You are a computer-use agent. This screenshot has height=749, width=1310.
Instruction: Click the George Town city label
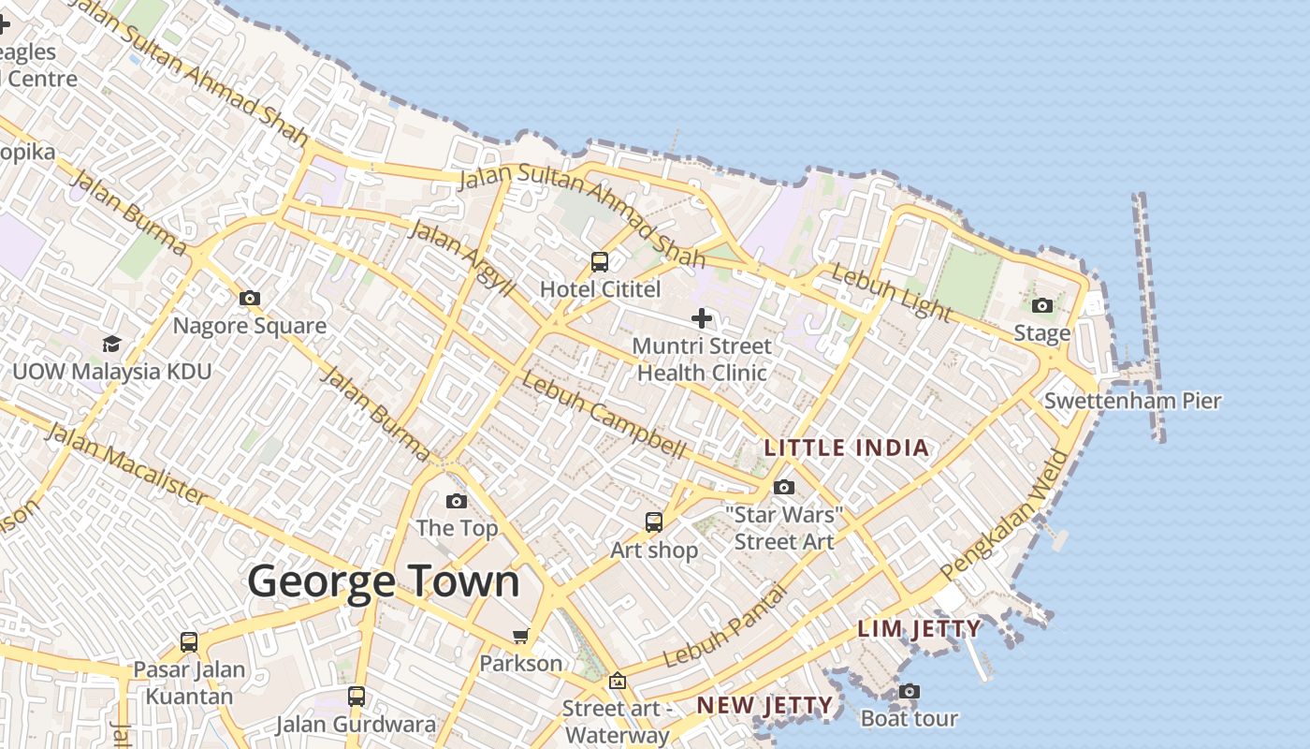pyautogui.click(x=383, y=580)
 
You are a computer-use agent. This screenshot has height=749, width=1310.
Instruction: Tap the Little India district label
pyautogui.click(x=847, y=448)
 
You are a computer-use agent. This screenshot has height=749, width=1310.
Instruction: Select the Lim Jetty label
pyautogui.click(x=919, y=628)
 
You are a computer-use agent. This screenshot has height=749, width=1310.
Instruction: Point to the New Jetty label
pyautogui.click(x=764, y=705)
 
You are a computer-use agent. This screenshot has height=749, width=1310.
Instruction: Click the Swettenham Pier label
pyautogui.click(x=1132, y=401)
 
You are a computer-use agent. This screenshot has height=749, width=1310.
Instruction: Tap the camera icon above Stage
pyautogui.click(x=1041, y=305)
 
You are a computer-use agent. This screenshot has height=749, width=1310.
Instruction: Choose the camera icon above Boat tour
pyautogui.click(x=909, y=691)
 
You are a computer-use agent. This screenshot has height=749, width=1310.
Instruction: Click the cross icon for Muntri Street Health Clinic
pyautogui.click(x=702, y=318)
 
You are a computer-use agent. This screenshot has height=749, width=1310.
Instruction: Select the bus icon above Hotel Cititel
pyautogui.click(x=600, y=262)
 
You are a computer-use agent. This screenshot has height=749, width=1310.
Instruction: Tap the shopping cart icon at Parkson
pyautogui.click(x=521, y=636)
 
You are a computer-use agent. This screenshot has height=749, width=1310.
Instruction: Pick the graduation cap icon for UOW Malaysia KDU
pyautogui.click(x=111, y=344)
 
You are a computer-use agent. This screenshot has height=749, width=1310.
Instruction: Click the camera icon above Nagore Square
pyautogui.click(x=250, y=298)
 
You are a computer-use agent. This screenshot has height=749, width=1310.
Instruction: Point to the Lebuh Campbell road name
pyautogui.click(x=604, y=415)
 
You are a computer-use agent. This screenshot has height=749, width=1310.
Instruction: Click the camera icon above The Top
pyautogui.click(x=457, y=501)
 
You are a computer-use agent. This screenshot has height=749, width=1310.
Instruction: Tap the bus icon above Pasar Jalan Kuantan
pyautogui.click(x=189, y=642)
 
